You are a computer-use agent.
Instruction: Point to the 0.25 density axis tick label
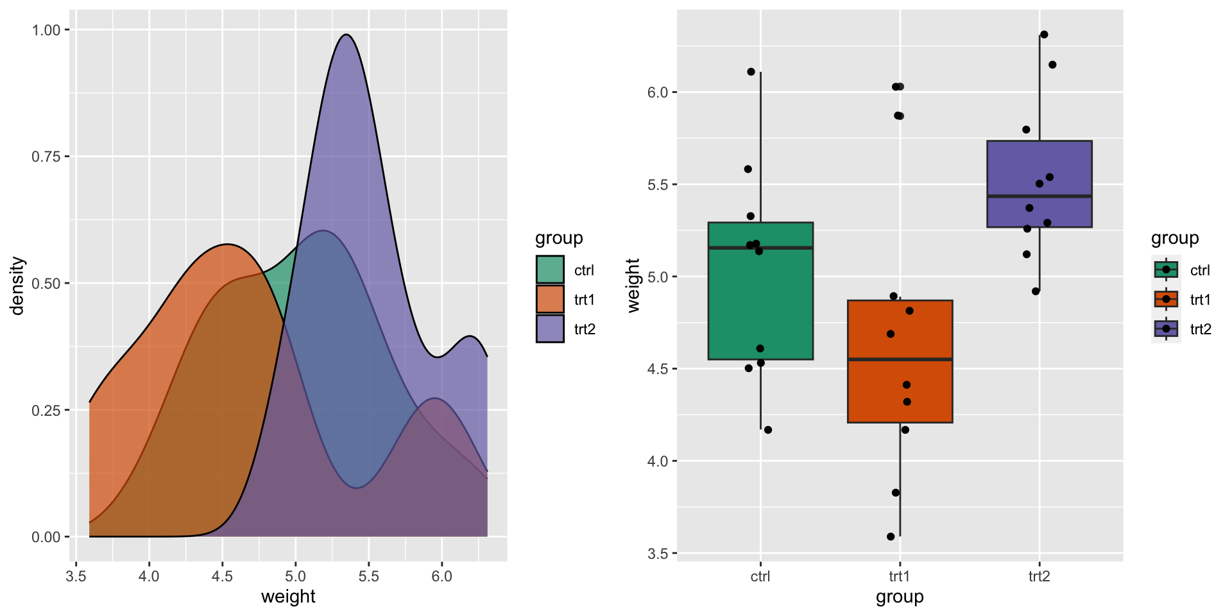click(x=46, y=410)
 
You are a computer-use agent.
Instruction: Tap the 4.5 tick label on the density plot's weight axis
click(x=222, y=576)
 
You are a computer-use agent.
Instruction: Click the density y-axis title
click(x=17, y=286)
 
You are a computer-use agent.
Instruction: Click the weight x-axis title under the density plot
click(x=288, y=597)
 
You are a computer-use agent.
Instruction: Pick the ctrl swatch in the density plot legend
click(x=550, y=269)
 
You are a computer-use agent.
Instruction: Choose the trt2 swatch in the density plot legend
click(x=550, y=329)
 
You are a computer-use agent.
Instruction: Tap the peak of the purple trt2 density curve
click(x=346, y=35)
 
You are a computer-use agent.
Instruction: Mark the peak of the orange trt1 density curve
click(x=227, y=244)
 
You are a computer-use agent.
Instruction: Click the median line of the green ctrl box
click(x=760, y=248)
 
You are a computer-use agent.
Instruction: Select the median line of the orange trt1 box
click(x=900, y=359)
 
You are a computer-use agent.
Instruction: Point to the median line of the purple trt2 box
click(x=1039, y=196)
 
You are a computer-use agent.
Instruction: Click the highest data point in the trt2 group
click(x=1044, y=35)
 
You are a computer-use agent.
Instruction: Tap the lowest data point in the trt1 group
click(x=891, y=536)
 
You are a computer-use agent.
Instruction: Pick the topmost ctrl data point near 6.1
click(x=751, y=72)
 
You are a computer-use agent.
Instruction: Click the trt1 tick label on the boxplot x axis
click(x=900, y=576)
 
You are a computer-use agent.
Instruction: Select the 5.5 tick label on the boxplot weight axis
click(x=658, y=185)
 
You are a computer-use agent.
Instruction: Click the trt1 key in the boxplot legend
click(x=1166, y=299)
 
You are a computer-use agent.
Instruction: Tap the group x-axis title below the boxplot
click(x=900, y=597)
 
